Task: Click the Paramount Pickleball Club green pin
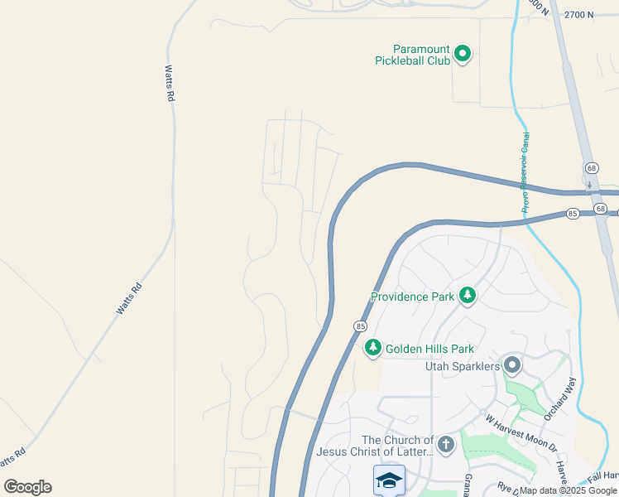tap(463, 55)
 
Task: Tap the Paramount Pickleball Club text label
tap(412, 55)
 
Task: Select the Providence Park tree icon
tap(468, 296)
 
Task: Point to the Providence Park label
tap(412, 297)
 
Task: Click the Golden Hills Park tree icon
tap(373, 348)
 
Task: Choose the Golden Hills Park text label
tap(429, 349)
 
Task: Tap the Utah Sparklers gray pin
tap(512, 364)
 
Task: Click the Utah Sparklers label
tap(462, 365)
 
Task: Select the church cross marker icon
tap(445, 445)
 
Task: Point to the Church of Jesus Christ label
tap(375, 446)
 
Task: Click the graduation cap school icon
tap(389, 480)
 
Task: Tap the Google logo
tap(27, 487)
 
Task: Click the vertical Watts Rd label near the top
tap(170, 84)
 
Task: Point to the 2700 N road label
tap(579, 15)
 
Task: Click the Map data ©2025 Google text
tap(569, 490)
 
